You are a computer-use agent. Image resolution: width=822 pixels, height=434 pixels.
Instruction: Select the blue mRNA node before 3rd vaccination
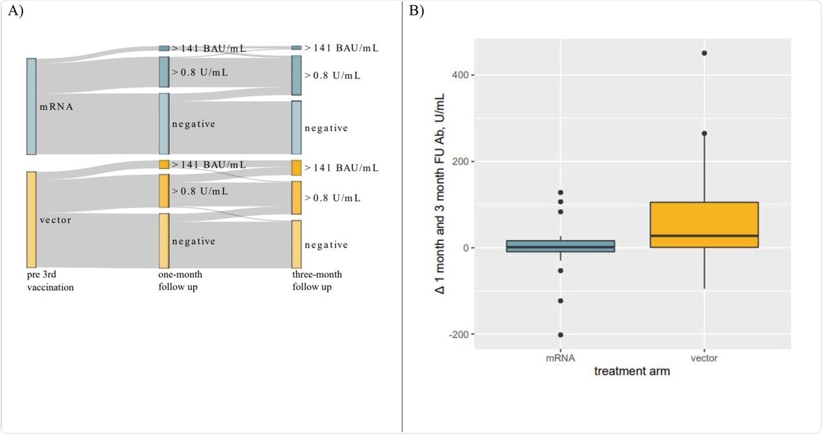pos(31,106)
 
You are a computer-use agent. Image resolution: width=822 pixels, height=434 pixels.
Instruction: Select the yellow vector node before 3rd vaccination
pos(31,219)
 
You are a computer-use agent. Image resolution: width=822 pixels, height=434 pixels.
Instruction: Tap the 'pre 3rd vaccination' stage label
pos(50,281)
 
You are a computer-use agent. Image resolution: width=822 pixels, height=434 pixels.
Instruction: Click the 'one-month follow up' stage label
pos(180,281)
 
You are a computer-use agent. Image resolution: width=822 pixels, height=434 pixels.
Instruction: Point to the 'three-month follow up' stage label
pos(317,281)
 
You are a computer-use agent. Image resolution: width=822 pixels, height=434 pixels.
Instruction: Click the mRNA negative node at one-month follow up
pos(164,123)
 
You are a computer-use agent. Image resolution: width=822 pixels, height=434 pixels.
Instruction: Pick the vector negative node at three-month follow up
pos(296,244)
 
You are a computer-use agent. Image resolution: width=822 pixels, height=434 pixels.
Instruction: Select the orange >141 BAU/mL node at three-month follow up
pos(296,168)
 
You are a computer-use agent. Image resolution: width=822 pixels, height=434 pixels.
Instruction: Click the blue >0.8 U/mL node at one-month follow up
pos(164,72)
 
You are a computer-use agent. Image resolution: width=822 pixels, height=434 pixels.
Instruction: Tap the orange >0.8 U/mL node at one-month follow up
pos(164,191)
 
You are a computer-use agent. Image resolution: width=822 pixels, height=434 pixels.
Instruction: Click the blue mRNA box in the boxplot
pos(560,246)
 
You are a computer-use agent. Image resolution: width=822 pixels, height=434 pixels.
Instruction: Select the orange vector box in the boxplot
pos(704,224)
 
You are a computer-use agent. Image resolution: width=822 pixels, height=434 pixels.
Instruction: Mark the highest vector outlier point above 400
pos(704,53)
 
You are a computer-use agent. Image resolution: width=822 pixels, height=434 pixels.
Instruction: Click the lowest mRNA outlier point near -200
pos(560,334)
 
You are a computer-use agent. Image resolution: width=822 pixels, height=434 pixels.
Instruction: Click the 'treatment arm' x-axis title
pos(632,372)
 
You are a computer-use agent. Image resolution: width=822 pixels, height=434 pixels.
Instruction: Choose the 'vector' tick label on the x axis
pos(704,358)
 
